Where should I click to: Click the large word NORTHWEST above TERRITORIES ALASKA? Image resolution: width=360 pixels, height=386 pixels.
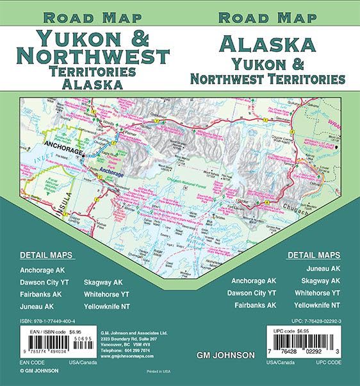(x=85, y=56)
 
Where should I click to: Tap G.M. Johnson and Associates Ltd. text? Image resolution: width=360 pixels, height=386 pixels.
(x=131, y=332)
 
